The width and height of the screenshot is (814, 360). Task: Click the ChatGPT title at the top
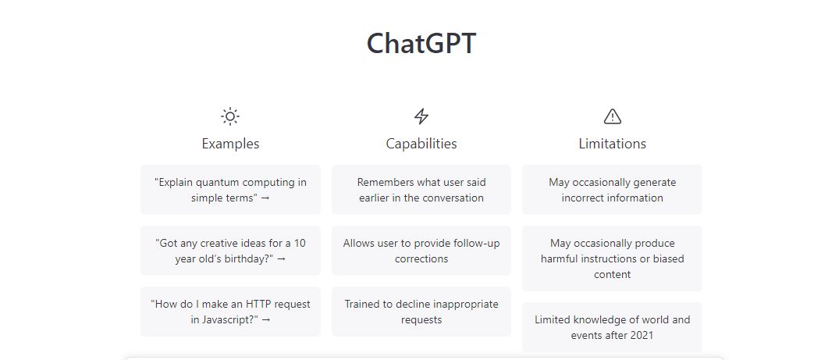[x=421, y=44]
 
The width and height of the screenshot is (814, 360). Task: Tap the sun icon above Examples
[x=230, y=116]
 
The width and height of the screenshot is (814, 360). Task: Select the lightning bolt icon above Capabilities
[x=421, y=116]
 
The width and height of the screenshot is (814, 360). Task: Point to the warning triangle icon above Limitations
[x=613, y=116]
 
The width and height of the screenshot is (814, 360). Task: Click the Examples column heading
[x=230, y=144]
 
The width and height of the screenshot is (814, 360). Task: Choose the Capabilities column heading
[x=421, y=144]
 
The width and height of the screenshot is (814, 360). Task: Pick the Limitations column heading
[x=613, y=144]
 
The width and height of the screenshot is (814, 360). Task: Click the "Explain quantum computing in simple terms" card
[x=230, y=190]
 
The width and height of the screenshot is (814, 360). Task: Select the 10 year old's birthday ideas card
[x=230, y=251]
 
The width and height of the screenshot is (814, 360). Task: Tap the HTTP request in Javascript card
[x=230, y=312]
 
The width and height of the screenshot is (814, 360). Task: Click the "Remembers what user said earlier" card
[x=421, y=190]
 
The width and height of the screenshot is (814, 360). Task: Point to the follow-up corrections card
[x=421, y=251]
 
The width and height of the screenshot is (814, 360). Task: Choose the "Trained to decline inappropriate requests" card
[x=421, y=312]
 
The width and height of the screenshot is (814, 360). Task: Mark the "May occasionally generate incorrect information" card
[x=613, y=190]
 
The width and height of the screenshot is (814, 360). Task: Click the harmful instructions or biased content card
[x=613, y=258]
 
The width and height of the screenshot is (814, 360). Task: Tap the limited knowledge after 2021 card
[x=613, y=327]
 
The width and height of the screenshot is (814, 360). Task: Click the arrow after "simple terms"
[x=265, y=198]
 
